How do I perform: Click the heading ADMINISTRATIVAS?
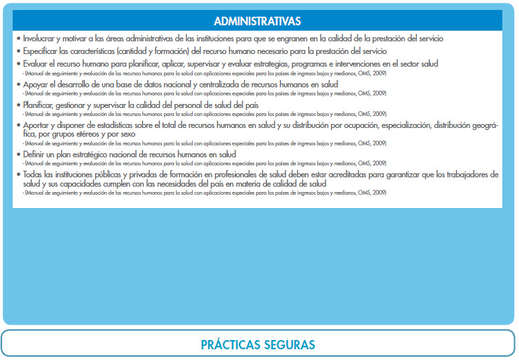point(257,21)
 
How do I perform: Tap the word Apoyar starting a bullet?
point(36,85)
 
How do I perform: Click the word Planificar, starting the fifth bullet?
point(42,105)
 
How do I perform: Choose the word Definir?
point(35,154)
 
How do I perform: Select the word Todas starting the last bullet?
point(34,174)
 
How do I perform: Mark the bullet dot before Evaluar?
point(18,64)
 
